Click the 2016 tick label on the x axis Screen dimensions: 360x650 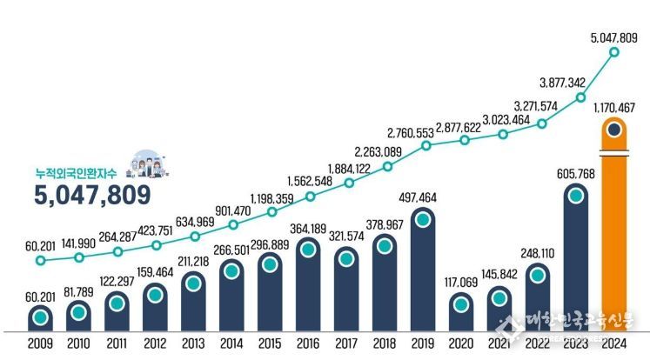click(x=308, y=343)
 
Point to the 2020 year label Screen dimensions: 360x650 click(x=461, y=343)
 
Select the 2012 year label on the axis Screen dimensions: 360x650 click(x=156, y=343)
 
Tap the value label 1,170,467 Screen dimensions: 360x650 click(x=614, y=107)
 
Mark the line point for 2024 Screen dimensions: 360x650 click(x=614, y=53)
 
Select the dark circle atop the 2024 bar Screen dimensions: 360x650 click(x=614, y=130)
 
